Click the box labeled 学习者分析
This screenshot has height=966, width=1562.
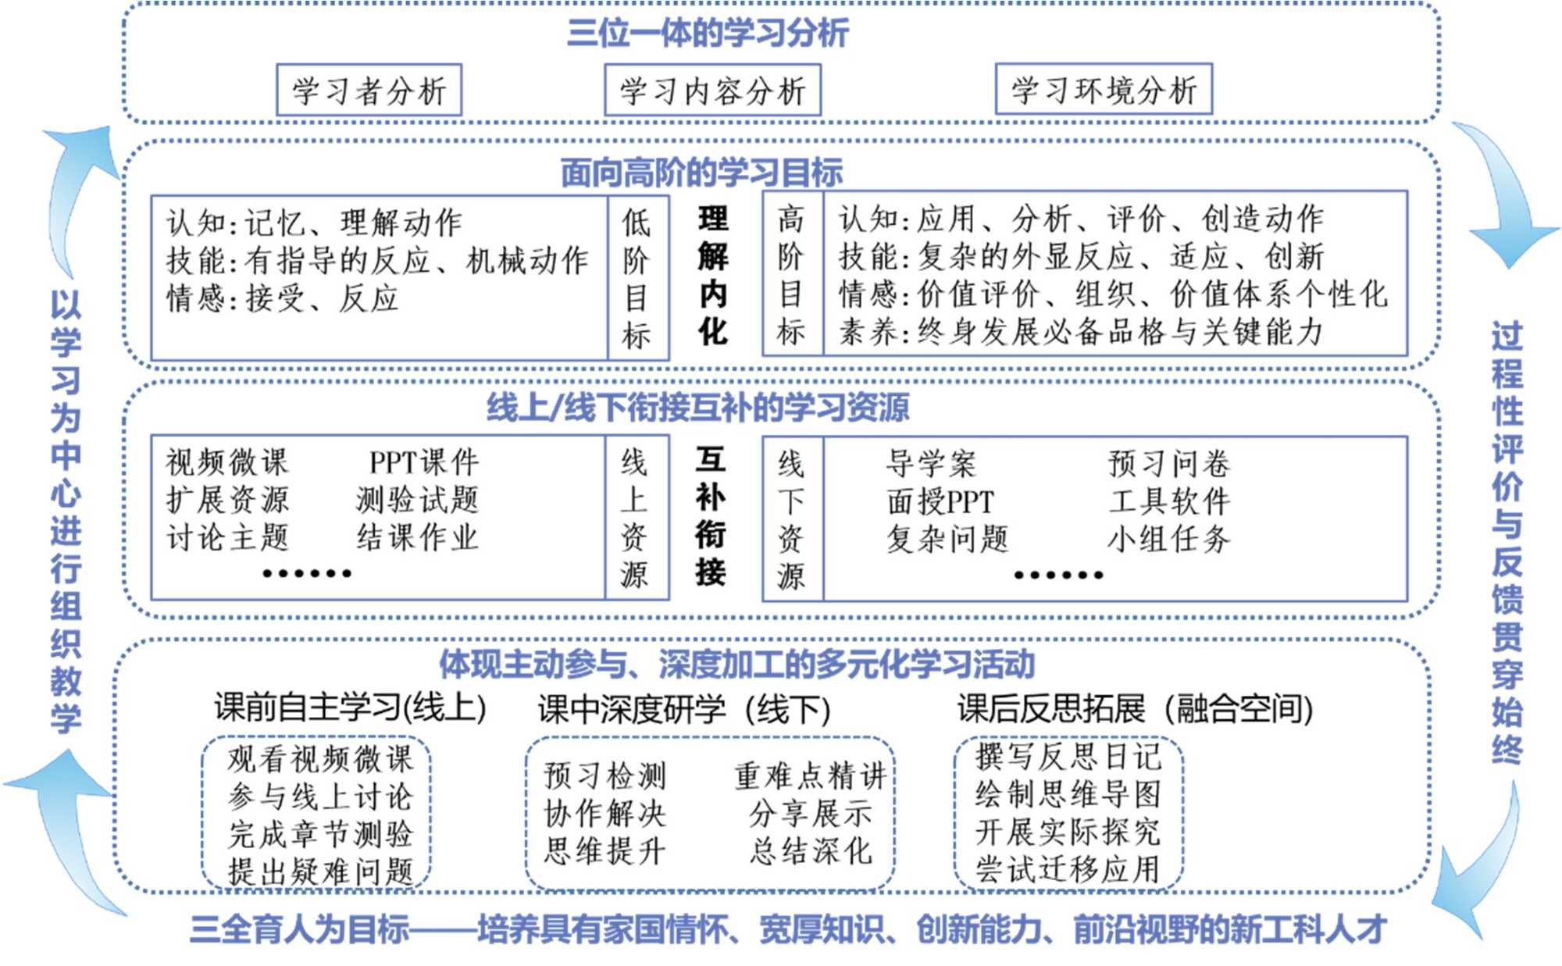(369, 91)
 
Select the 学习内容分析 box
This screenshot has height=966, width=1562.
(712, 91)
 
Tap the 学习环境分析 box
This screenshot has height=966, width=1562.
(1104, 90)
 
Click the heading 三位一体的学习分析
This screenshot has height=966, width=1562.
(707, 34)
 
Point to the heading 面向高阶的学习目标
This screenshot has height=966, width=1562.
(701, 173)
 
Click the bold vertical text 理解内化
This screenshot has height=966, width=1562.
(712, 276)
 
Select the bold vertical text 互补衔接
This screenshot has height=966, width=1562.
(711, 516)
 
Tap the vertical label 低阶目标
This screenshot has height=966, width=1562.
(637, 279)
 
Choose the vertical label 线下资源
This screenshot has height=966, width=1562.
(790, 519)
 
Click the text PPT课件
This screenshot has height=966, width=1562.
(423, 462)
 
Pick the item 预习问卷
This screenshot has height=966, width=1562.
(1168, 464)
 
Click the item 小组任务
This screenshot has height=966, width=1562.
(1168, 539)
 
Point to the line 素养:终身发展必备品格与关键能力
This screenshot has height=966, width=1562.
(1081, 333)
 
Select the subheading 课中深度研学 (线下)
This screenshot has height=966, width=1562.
(683, 710)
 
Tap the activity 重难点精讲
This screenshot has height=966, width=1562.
(810, 776)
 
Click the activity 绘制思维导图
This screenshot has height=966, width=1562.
(1068, 795)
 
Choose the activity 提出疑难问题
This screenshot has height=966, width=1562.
(320, 871)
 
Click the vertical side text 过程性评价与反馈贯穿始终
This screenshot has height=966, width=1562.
(1507, 542)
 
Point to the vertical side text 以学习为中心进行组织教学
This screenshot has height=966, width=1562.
(66, 512)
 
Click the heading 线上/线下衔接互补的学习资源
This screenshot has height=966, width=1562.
(697, 408)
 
